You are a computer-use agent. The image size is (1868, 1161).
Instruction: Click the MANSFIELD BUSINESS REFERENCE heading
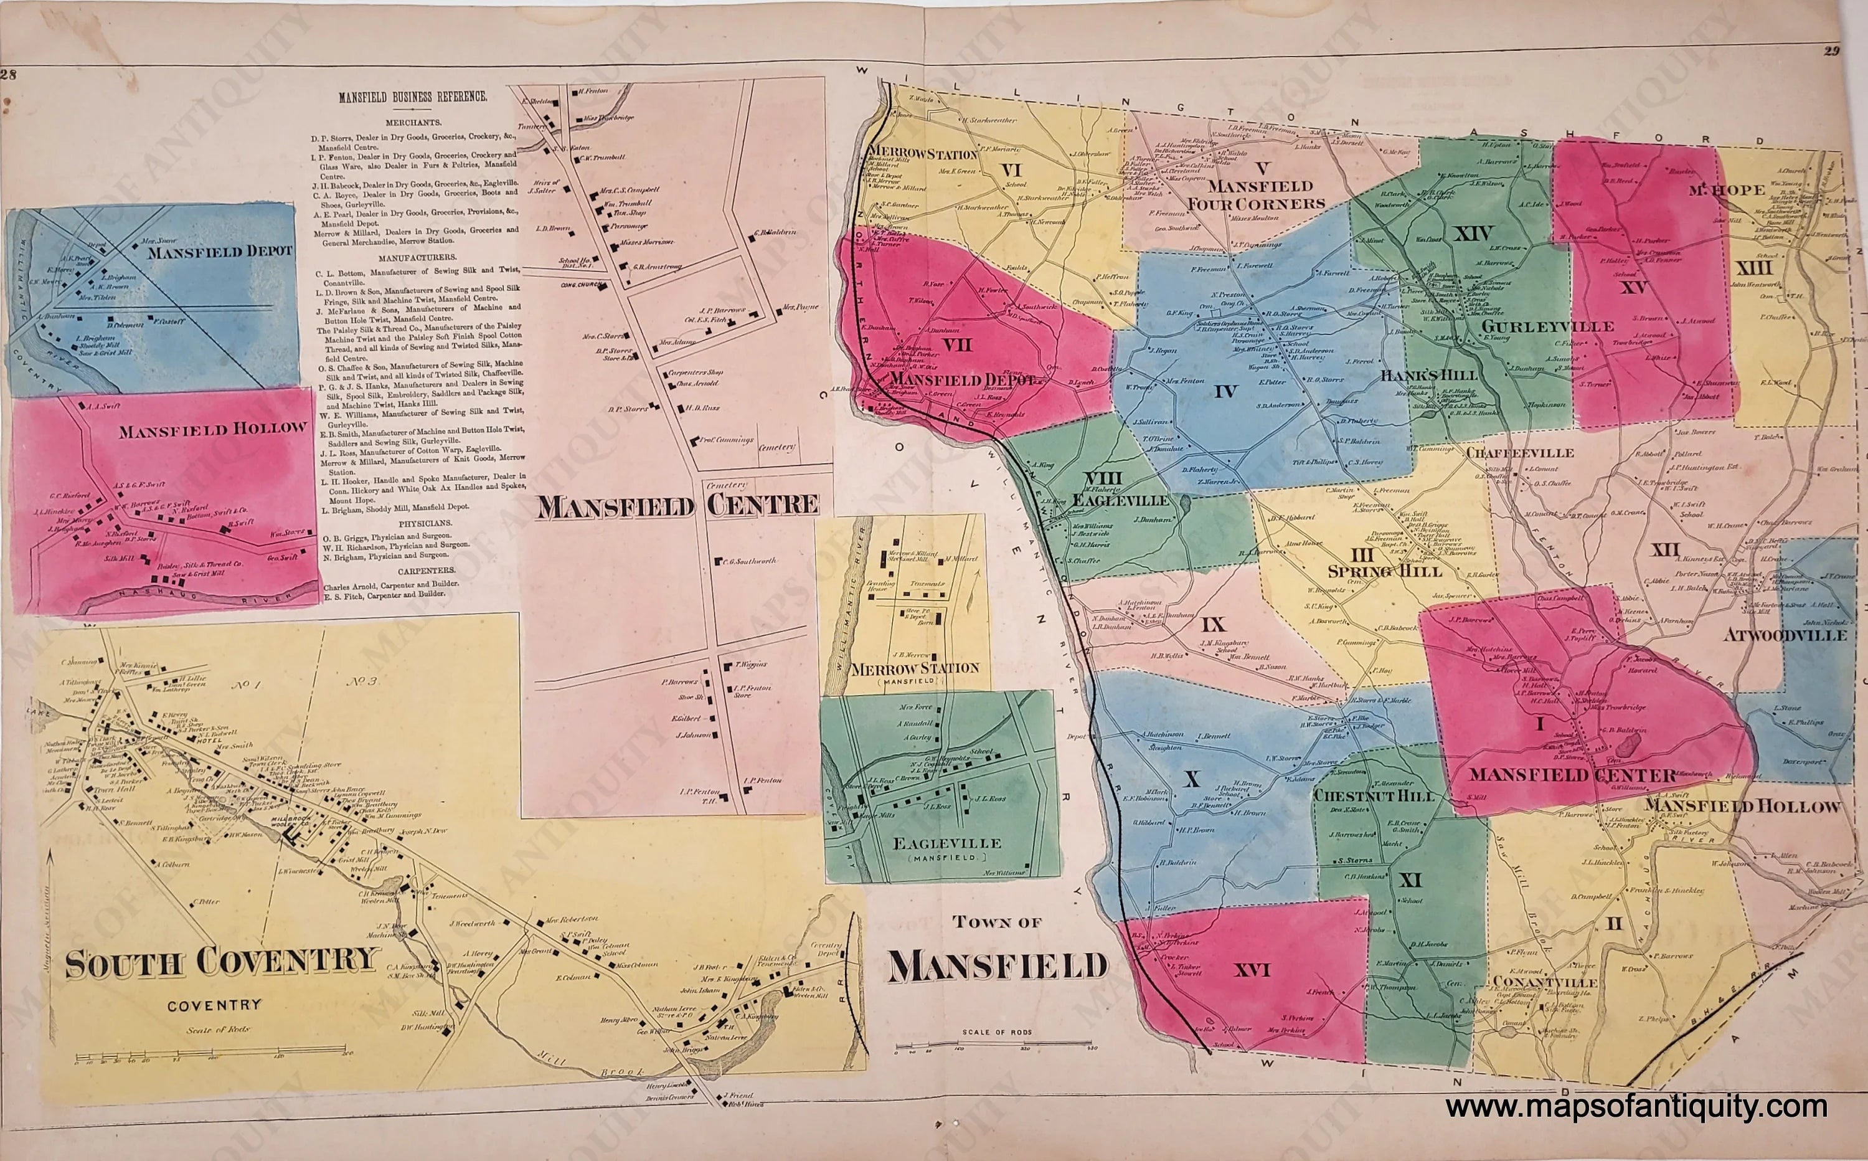tap(413, 98)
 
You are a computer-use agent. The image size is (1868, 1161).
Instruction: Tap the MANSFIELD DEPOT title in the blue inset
tap(220, 251)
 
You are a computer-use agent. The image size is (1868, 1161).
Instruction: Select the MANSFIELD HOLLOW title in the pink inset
tap(212, 429)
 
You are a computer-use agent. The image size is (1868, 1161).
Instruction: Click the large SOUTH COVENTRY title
tap(222, 963)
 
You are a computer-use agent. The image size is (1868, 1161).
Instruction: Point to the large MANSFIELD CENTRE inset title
tap(677, 506)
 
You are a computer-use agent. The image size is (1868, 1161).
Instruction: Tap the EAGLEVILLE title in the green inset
tap(946, 843)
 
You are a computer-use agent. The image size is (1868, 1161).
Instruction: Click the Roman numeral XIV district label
tap(1471, 234)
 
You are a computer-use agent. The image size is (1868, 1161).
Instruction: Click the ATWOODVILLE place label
tap(1785, 636)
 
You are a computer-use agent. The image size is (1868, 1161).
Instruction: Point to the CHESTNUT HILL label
tap(1374, 795)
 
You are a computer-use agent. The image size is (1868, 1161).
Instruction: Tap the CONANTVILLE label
tap(1544, 983)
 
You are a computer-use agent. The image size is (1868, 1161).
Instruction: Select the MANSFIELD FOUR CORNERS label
tap(1257, 195)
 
